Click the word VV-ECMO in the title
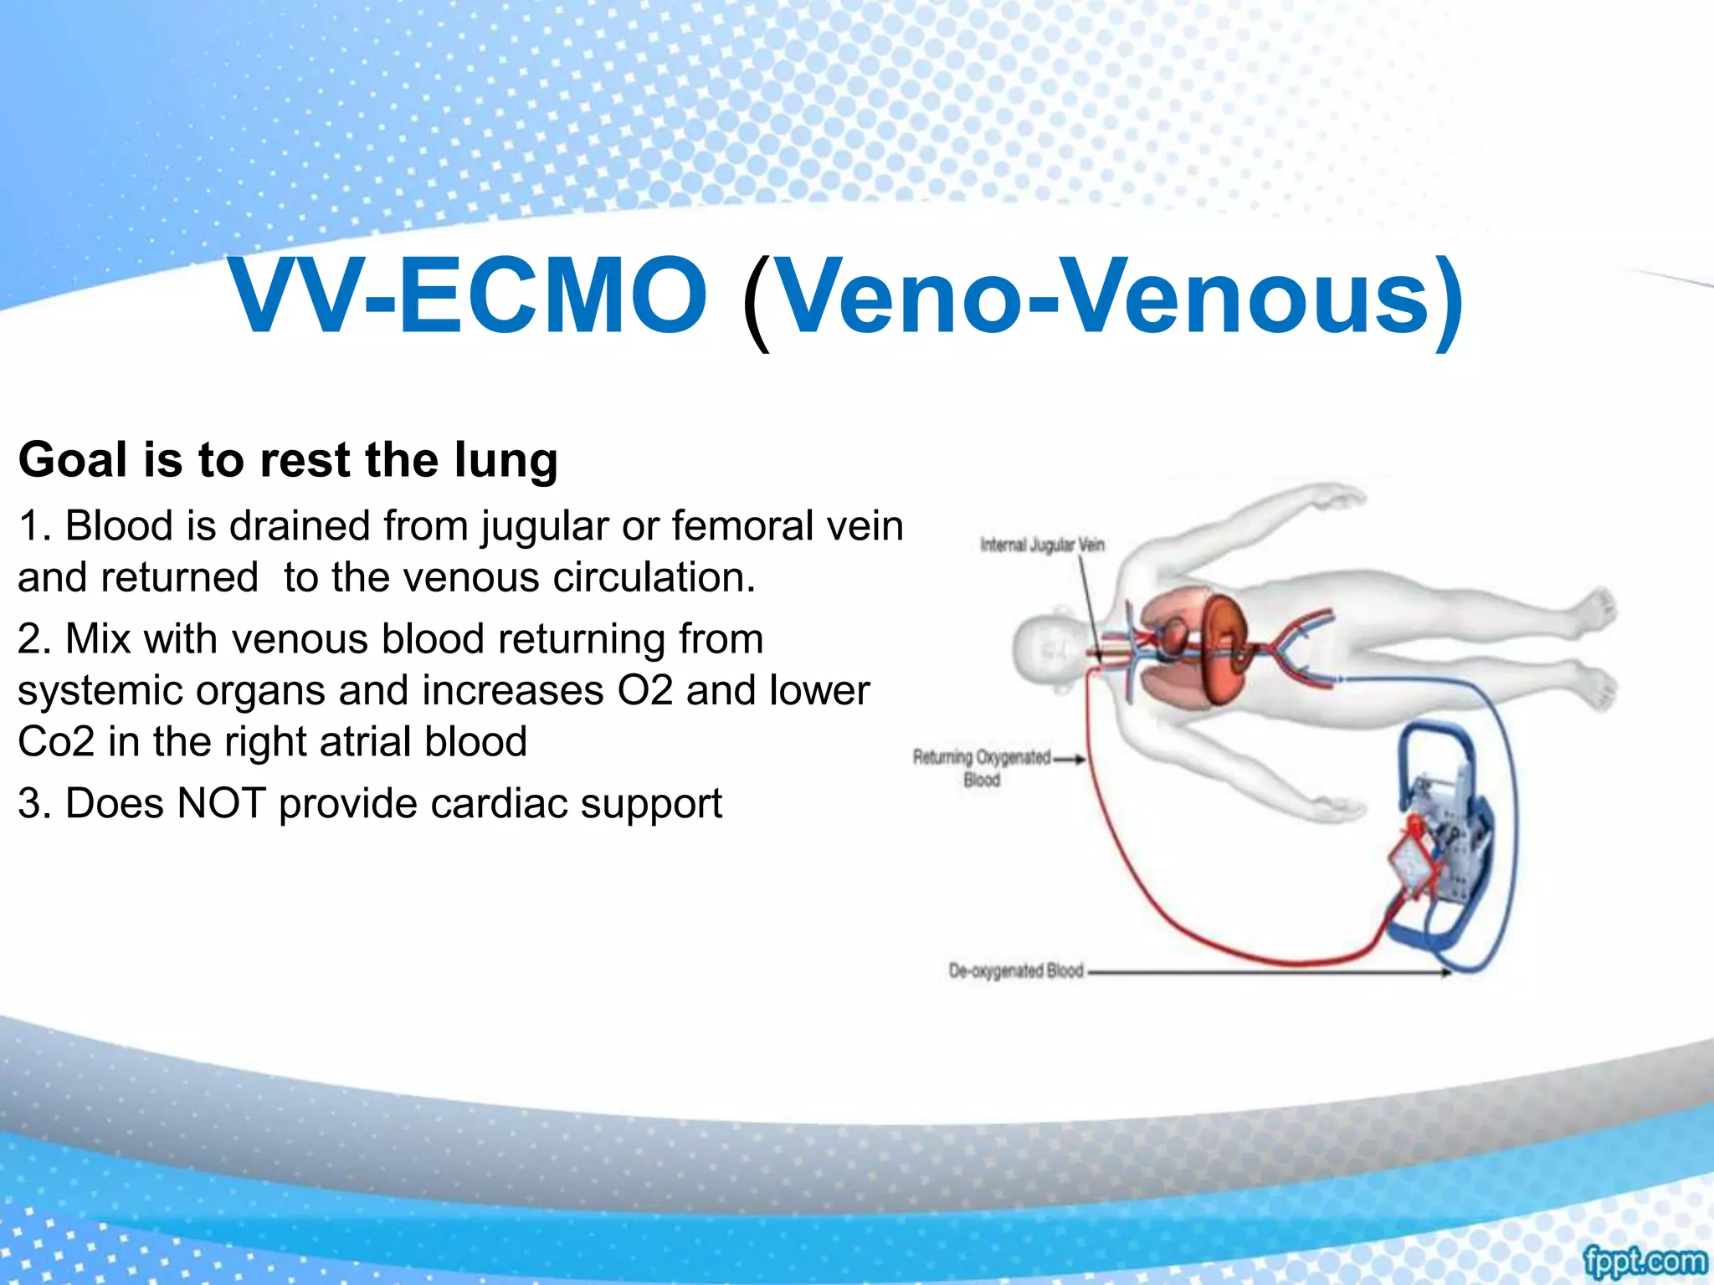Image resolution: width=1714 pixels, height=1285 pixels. click(x=469, y=297)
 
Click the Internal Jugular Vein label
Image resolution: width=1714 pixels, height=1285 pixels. click(x=1042, y=545)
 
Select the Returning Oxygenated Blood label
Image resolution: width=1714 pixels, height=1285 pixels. click(x=982, y=767)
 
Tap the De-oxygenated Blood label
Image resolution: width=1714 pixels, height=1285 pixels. click(x=1015, y=970)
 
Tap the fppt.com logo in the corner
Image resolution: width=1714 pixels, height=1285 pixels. click(x=1644, y=1261)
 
